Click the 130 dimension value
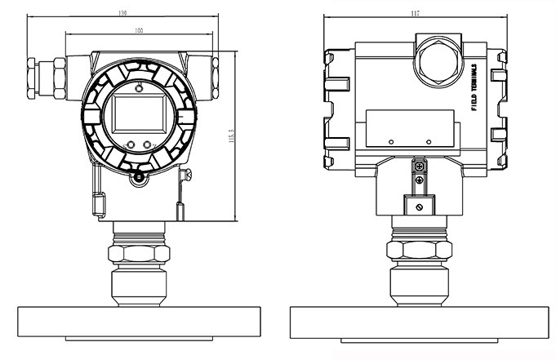(x=122, y=14)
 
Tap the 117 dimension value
(x=417, y=14)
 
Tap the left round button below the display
(x=129, y=146)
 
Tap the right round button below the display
(x=148, y=146)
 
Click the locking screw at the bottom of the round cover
(x=138, y=176)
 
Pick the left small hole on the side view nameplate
(x=391, y=143)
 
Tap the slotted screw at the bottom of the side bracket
(x=418, y=209)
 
